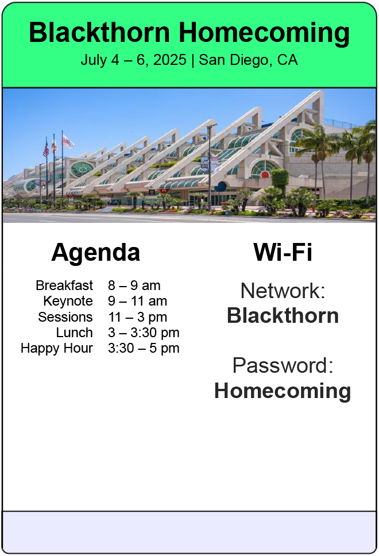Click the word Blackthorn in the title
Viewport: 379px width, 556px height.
click(x=99, y=32)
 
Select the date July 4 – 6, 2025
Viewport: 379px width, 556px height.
click(x=133, y=60)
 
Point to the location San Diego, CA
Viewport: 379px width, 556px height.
click(x=248, y=60)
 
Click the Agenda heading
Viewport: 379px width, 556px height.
click(x=96, y=253)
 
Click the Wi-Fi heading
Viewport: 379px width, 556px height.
click(x=283, y=252)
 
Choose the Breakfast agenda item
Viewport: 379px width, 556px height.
click(x=64, y=285)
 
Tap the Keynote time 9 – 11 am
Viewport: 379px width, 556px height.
click(x=138, y=301)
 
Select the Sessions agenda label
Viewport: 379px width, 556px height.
click(x=65, y=316)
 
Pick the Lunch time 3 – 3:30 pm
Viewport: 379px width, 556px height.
click(x=144, y=333)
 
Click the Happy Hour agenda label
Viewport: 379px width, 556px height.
click(x=57, y=349)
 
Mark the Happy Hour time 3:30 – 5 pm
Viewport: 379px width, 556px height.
click(x=144, y=348)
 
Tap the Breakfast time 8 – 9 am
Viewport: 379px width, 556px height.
click(x=134, y=285)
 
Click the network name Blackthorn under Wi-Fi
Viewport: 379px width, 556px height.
click(x=283, y=315)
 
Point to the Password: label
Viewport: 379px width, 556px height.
click(x=283, y=365)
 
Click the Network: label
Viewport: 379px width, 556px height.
click(x=283, y=291)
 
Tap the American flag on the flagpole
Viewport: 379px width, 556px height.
click(x=46, y=149)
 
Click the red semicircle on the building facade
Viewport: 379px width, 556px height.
click(x=265, y=174)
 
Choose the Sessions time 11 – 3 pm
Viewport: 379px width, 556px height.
click(x=138, y=317)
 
